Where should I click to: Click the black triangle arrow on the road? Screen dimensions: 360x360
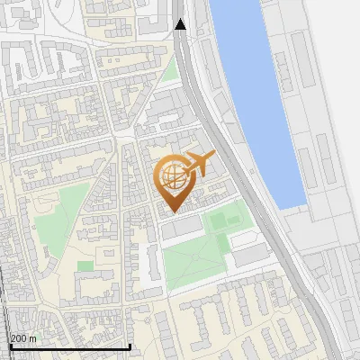tap(181, 24)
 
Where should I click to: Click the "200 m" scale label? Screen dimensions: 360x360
tap(23, 337)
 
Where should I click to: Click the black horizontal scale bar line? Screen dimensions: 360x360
tap(70, 346)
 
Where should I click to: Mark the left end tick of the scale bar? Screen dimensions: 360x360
tap(11, 345)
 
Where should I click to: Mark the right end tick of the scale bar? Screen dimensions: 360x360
tap(130, 345)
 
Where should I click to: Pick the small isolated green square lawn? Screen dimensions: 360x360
tap(85, 265)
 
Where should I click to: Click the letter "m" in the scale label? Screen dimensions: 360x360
tap(32, 337)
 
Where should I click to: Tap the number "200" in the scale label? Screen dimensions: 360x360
tap(19, 337)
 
